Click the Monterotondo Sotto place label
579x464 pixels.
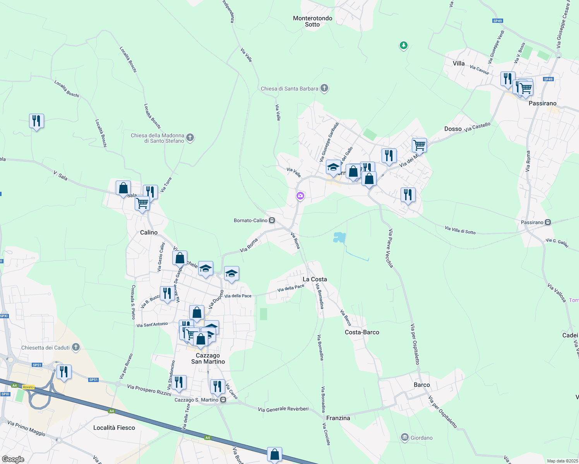click(312, 21)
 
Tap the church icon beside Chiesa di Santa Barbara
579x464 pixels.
click(324, 89)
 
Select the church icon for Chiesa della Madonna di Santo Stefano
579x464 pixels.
click(190, 138)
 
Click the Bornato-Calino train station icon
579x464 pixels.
click(272, 220)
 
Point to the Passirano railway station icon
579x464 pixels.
click(548, 222)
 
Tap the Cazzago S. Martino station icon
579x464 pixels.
click(223, 400)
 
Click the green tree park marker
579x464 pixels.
click(403, 46)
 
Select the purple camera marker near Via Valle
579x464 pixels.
click(300, 196)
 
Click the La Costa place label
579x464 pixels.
click(315, 279)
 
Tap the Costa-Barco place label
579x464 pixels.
click(362, 332)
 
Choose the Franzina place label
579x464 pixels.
click(338, 418)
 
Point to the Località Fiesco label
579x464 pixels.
click(114, 428)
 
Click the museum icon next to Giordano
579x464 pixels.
click(405, 438)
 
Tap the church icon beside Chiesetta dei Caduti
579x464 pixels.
click(76, 347)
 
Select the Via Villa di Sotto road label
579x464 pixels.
click(460, 230)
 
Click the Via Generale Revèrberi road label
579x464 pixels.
click(283, 409)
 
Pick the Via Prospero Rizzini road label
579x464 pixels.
click(149, 390)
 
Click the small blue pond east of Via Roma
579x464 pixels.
click(339, 237)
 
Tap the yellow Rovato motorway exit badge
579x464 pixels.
click(28, 387)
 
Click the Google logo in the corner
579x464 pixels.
click(13, 459)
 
